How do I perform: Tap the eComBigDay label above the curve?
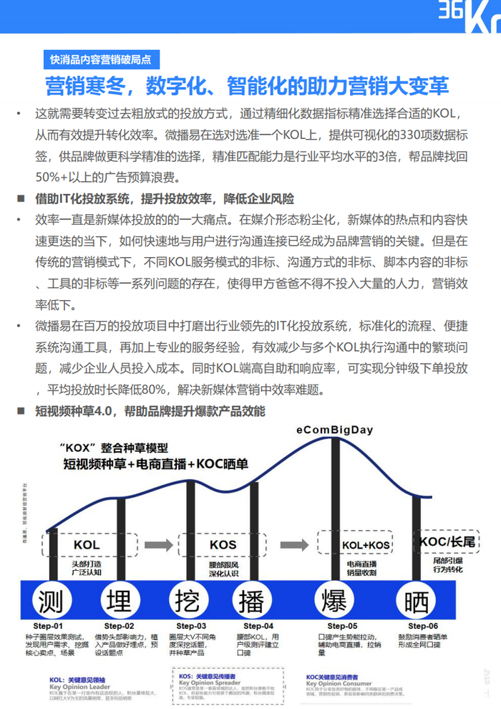point(334,430)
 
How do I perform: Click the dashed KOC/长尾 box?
point(447,541)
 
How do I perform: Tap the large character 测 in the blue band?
point(54,599)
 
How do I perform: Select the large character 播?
point(252,599)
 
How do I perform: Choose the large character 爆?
point(334,599)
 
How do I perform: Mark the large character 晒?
point(416,599)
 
